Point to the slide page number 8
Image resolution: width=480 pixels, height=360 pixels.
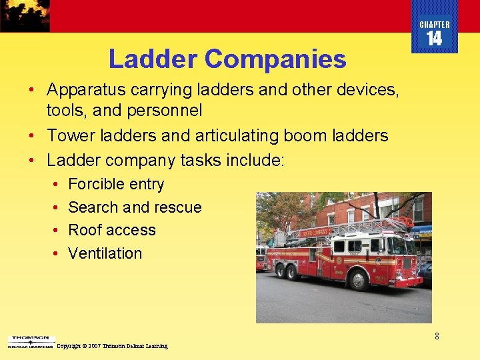[x=437, y=336]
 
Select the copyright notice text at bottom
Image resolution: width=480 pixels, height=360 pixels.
[x=112, y=346]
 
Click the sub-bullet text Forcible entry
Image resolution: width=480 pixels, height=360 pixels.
[x=116, y=184]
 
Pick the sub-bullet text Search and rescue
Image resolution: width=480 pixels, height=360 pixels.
[x=135, y=207]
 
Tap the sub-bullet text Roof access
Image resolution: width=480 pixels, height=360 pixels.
[x=112, y=230]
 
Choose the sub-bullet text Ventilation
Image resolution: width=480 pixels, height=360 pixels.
[x=105, y=253]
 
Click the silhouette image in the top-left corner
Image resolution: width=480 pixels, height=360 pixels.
[x=25, y=15]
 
